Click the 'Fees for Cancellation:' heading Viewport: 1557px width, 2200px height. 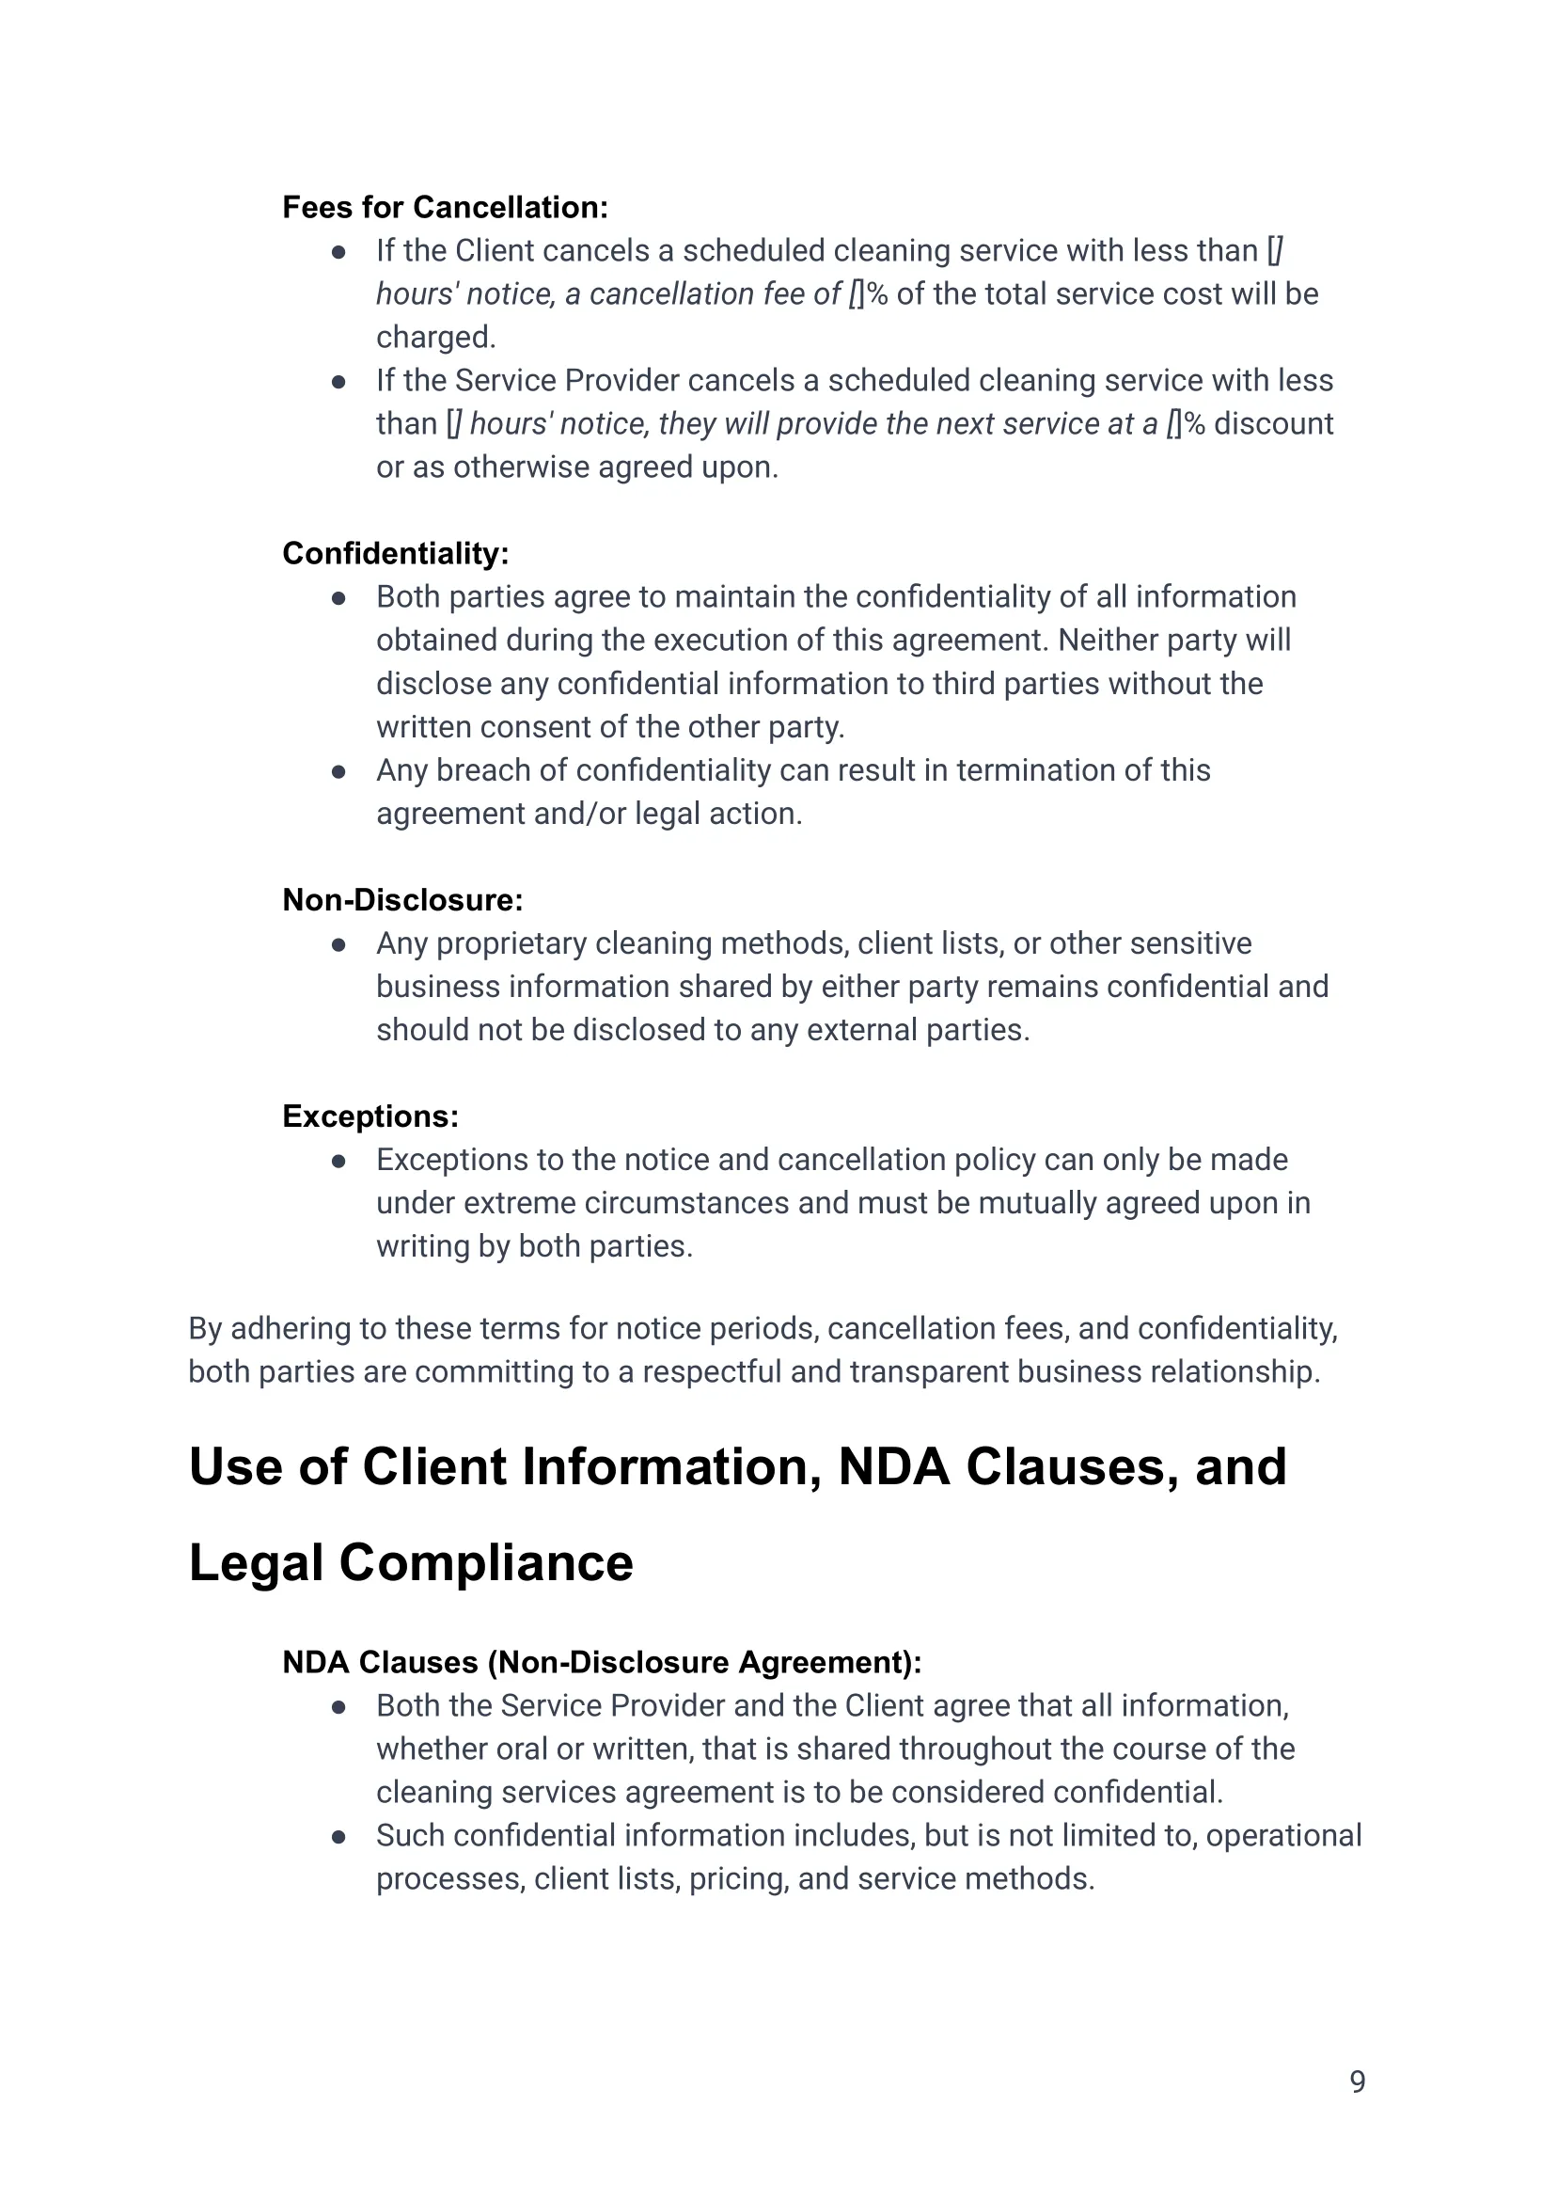445,207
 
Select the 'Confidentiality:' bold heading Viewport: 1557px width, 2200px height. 395,553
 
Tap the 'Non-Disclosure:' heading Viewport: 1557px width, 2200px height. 401,899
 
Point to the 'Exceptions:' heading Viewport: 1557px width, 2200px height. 370,1116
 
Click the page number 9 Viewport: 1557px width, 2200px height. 1357,2081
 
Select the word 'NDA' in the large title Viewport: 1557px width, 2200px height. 893,1467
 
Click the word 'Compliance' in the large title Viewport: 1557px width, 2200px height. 486,1563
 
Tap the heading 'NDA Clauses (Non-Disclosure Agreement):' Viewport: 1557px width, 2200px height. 601,1662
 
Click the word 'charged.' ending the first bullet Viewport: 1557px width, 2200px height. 435,338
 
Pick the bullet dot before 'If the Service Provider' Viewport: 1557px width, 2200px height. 338,382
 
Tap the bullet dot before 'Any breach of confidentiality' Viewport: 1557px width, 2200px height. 338,771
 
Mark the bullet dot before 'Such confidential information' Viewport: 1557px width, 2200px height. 338,1837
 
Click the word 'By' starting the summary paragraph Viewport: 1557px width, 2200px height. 205,1329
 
